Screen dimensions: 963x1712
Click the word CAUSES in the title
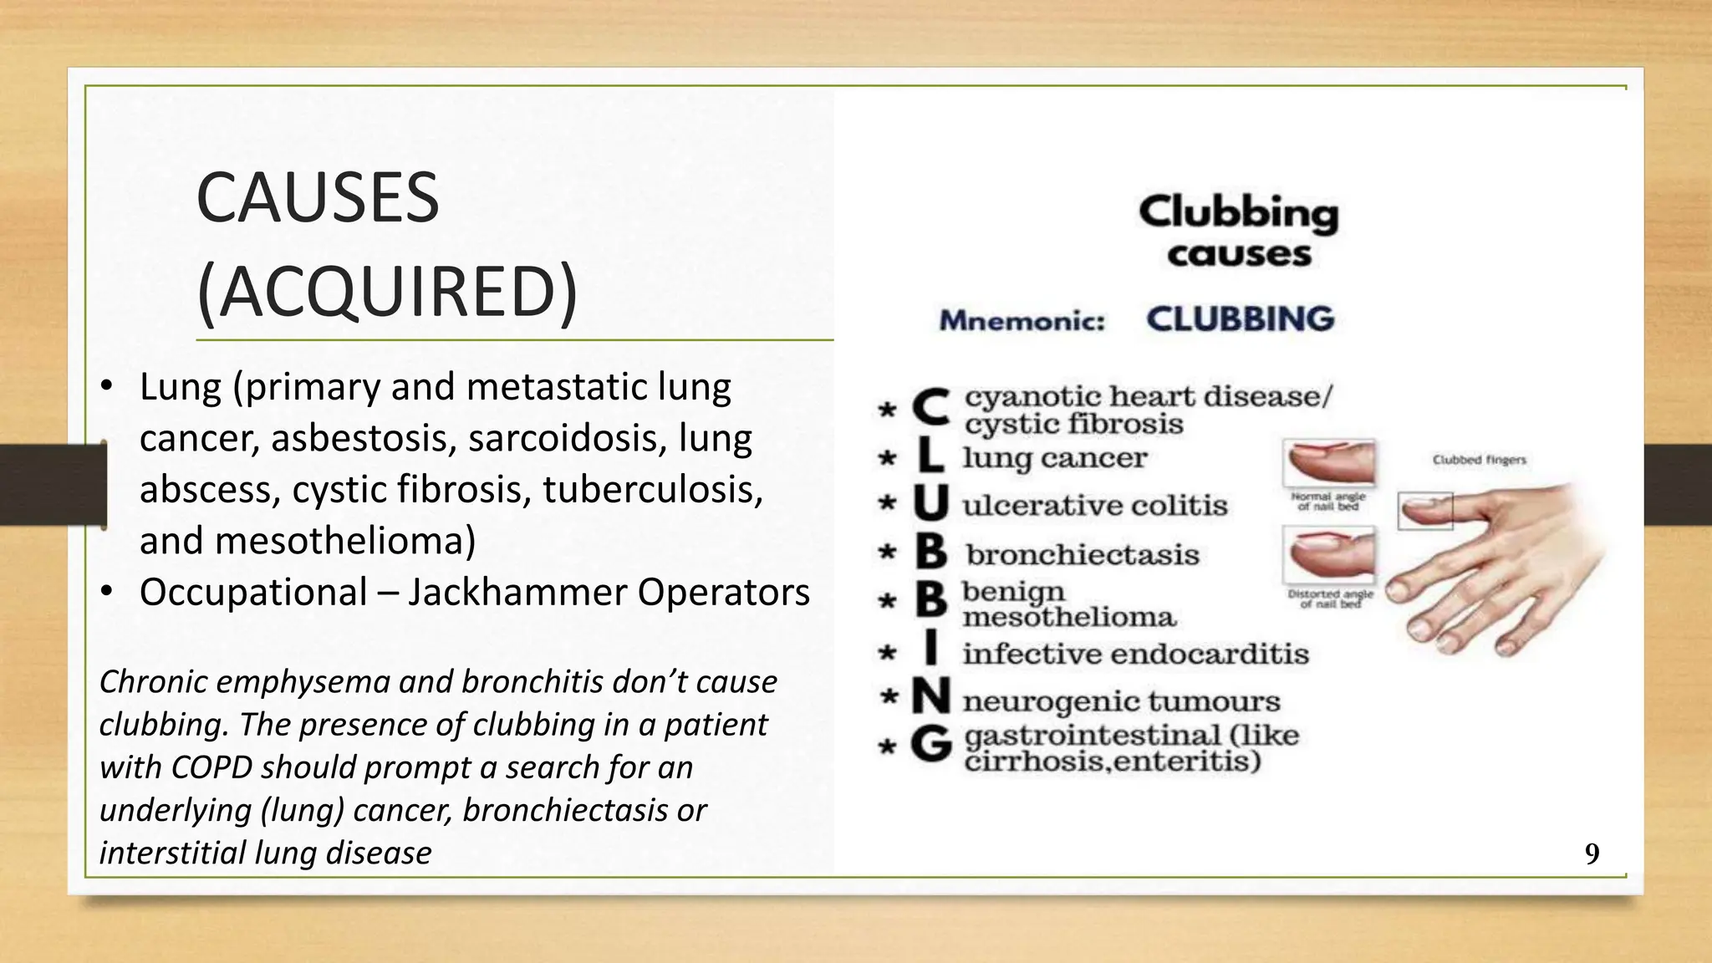pos(318,198)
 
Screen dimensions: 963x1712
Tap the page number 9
pos(1592,853)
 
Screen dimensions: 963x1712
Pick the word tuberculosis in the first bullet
pos(652,489)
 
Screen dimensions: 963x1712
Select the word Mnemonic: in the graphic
pos(1022,321)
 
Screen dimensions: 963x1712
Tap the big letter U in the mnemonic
pos(930,503)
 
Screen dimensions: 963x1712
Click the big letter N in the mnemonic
pos(930,697)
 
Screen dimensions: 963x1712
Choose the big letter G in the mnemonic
pos(930,743)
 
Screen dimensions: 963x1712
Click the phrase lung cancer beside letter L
pos(1054,458)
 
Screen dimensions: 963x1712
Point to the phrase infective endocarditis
pos(1135,654)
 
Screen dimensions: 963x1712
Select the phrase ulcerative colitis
pos(1094,506)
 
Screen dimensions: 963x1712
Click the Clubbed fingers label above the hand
pos(1479,460)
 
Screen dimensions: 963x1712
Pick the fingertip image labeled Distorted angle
pos(1329,555)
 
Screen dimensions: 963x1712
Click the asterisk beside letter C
pos(887,410)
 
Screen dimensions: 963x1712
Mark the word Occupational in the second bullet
pos(253,592)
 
